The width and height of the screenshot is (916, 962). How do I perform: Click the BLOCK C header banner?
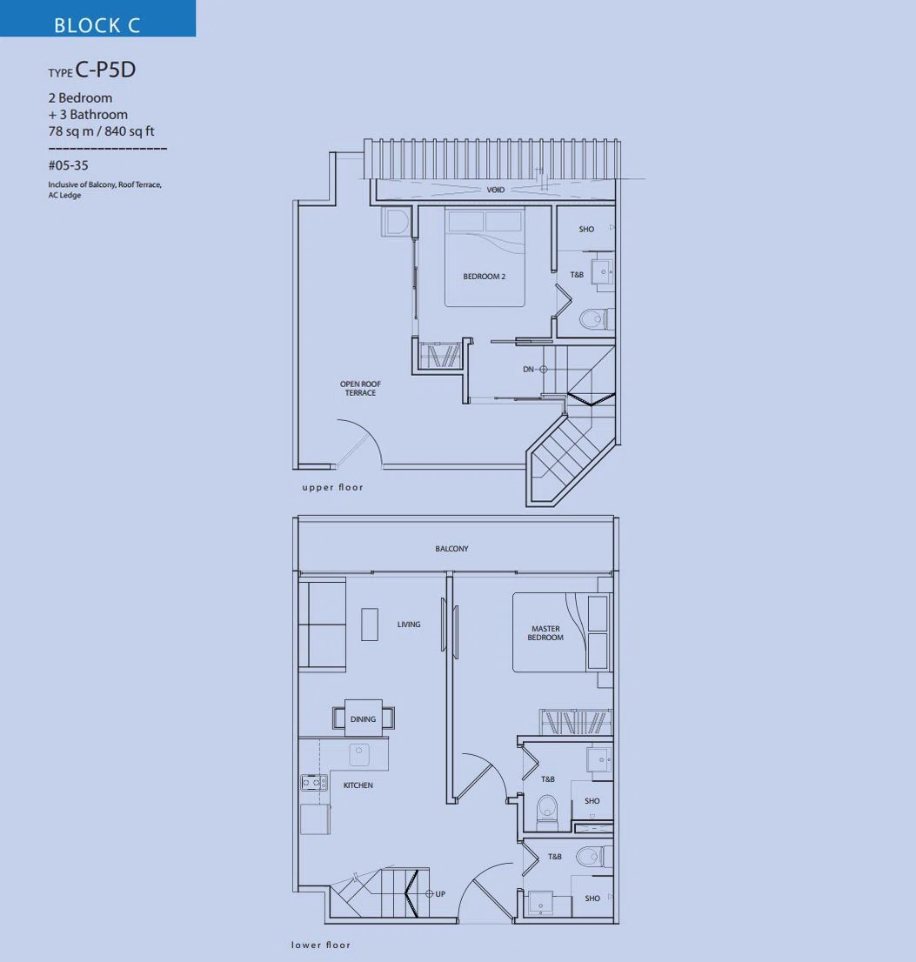97,18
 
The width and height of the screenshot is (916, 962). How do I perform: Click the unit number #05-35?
68,165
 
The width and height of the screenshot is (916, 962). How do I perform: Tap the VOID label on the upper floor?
496,190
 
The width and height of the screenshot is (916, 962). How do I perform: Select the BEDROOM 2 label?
484,277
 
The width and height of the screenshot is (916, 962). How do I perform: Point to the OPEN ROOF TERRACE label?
360,388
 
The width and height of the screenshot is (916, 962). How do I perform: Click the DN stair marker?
534,370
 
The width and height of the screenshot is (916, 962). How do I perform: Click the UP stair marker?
436,894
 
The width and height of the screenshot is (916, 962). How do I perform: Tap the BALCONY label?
451,549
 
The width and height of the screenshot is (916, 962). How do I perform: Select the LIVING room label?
409,625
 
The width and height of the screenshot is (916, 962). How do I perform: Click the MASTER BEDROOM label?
545,633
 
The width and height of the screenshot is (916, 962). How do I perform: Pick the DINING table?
364,718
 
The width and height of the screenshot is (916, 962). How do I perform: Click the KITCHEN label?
358,785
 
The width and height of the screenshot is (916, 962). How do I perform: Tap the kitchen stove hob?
313,783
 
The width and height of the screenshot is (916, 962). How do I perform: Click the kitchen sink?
359,755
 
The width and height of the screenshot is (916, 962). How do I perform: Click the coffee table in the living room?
370,625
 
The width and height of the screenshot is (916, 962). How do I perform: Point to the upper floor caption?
332,488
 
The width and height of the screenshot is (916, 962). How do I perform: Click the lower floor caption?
321,945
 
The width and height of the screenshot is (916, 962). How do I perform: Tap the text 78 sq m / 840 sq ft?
101,131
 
